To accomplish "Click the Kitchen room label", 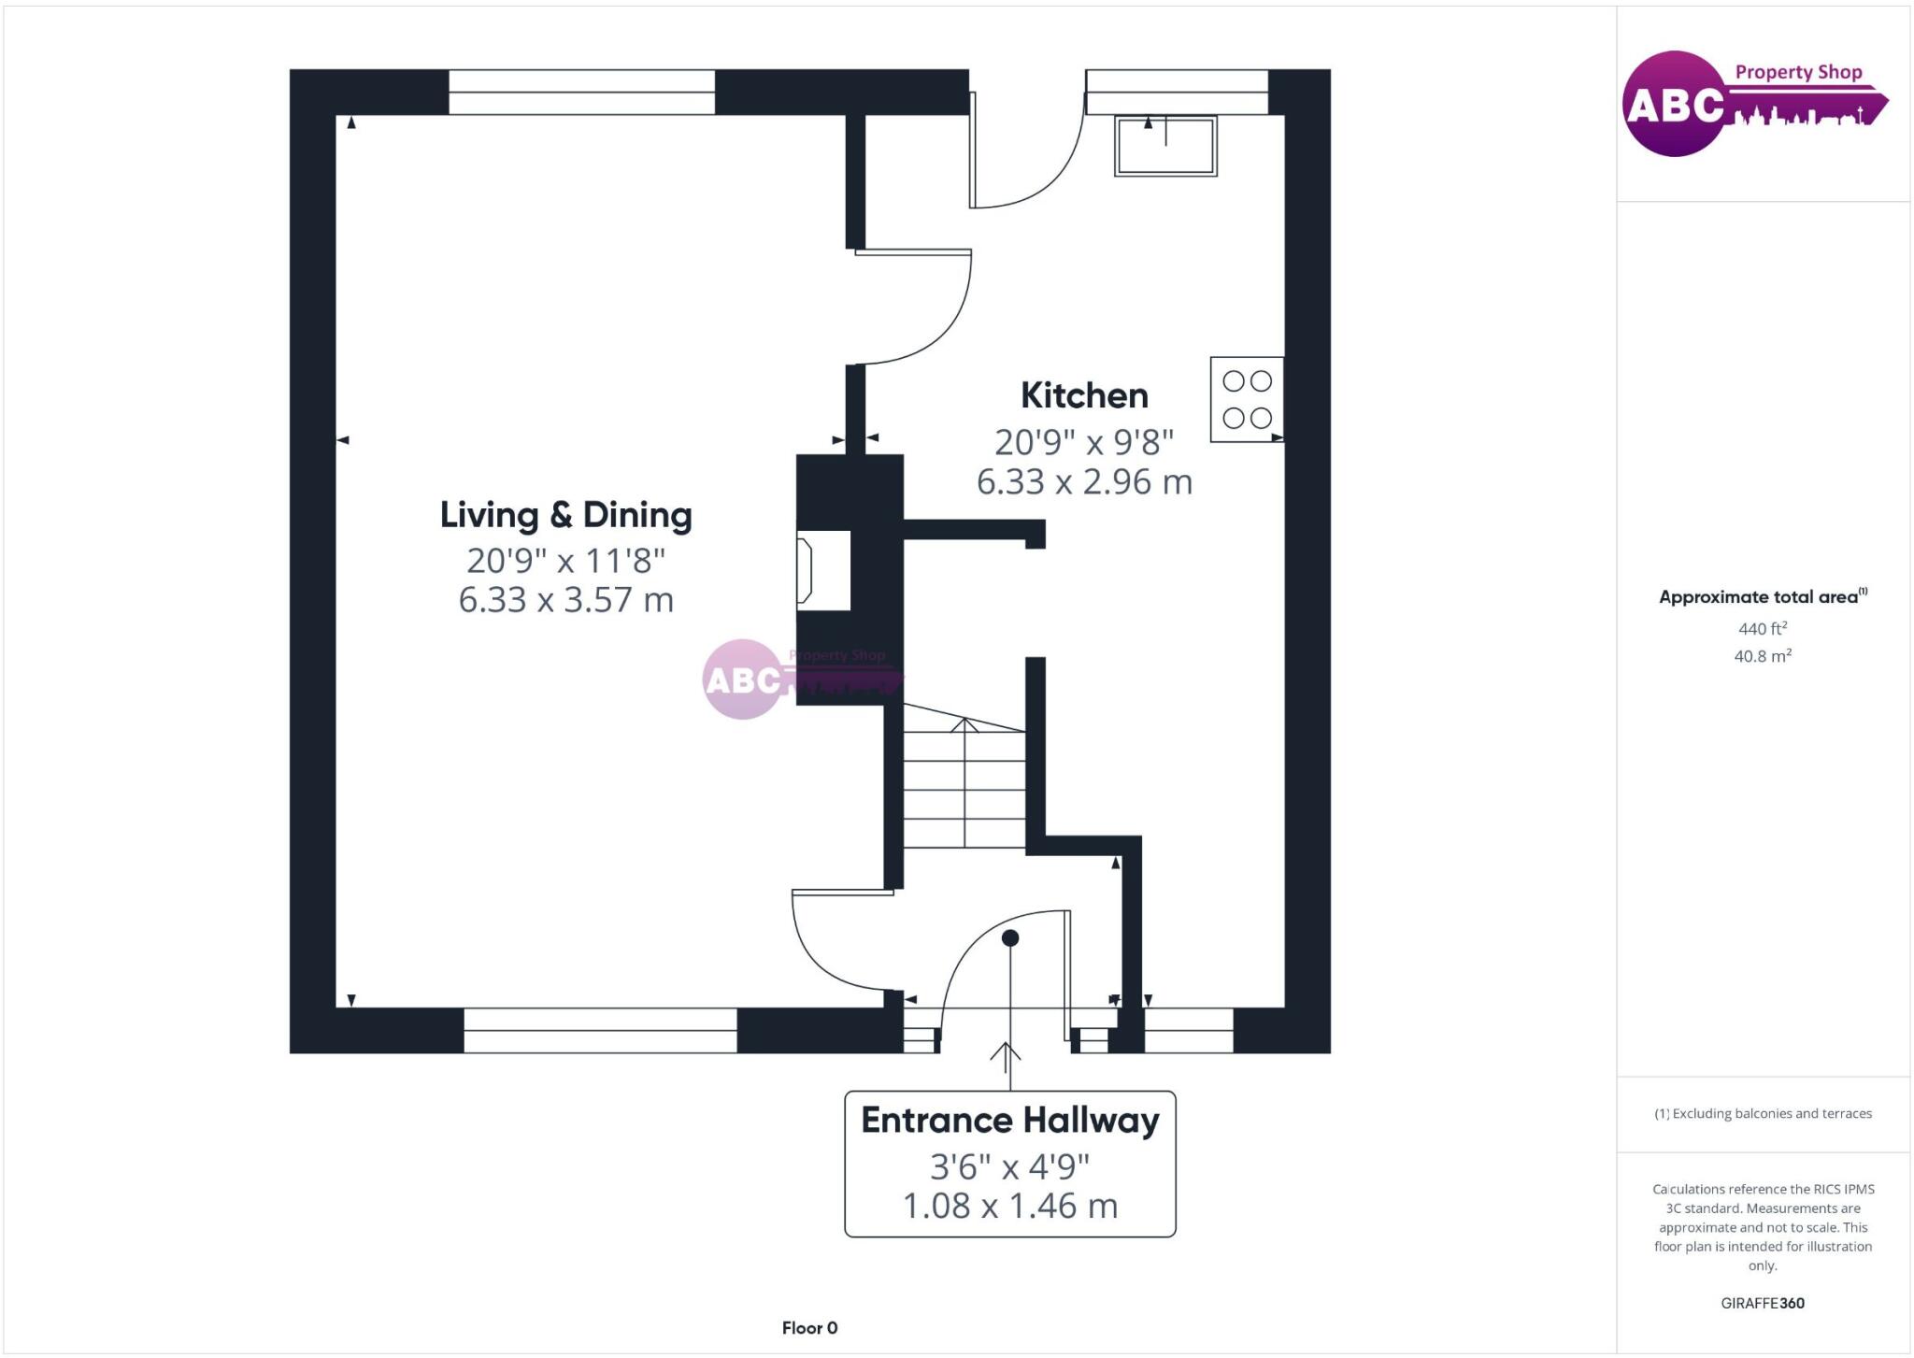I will [x=1084, y=395].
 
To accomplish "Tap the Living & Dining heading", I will [x=565, y=515].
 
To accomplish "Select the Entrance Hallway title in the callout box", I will [x=1009, y=1120].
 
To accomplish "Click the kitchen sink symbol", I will [x=1165, y=146].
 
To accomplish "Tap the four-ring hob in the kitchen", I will [x=1247, y=399].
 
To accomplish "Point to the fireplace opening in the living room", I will [x=823, y=570].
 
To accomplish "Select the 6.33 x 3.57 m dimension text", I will [x=565, y=600].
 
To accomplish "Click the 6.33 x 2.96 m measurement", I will [x=1084, y=482].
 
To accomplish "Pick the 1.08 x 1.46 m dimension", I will [x=1009, y=1206].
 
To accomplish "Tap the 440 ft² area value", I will [x=1762, y=629].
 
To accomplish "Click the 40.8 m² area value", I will [x=1762, y=656].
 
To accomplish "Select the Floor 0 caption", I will [x=809, y=1328].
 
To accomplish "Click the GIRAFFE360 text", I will [x=1762, y=1303].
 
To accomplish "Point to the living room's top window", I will [x=581, y=93].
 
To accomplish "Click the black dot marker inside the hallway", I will [x=1010, y=937].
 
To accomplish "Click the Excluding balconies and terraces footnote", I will [x=1763, y=1113].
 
